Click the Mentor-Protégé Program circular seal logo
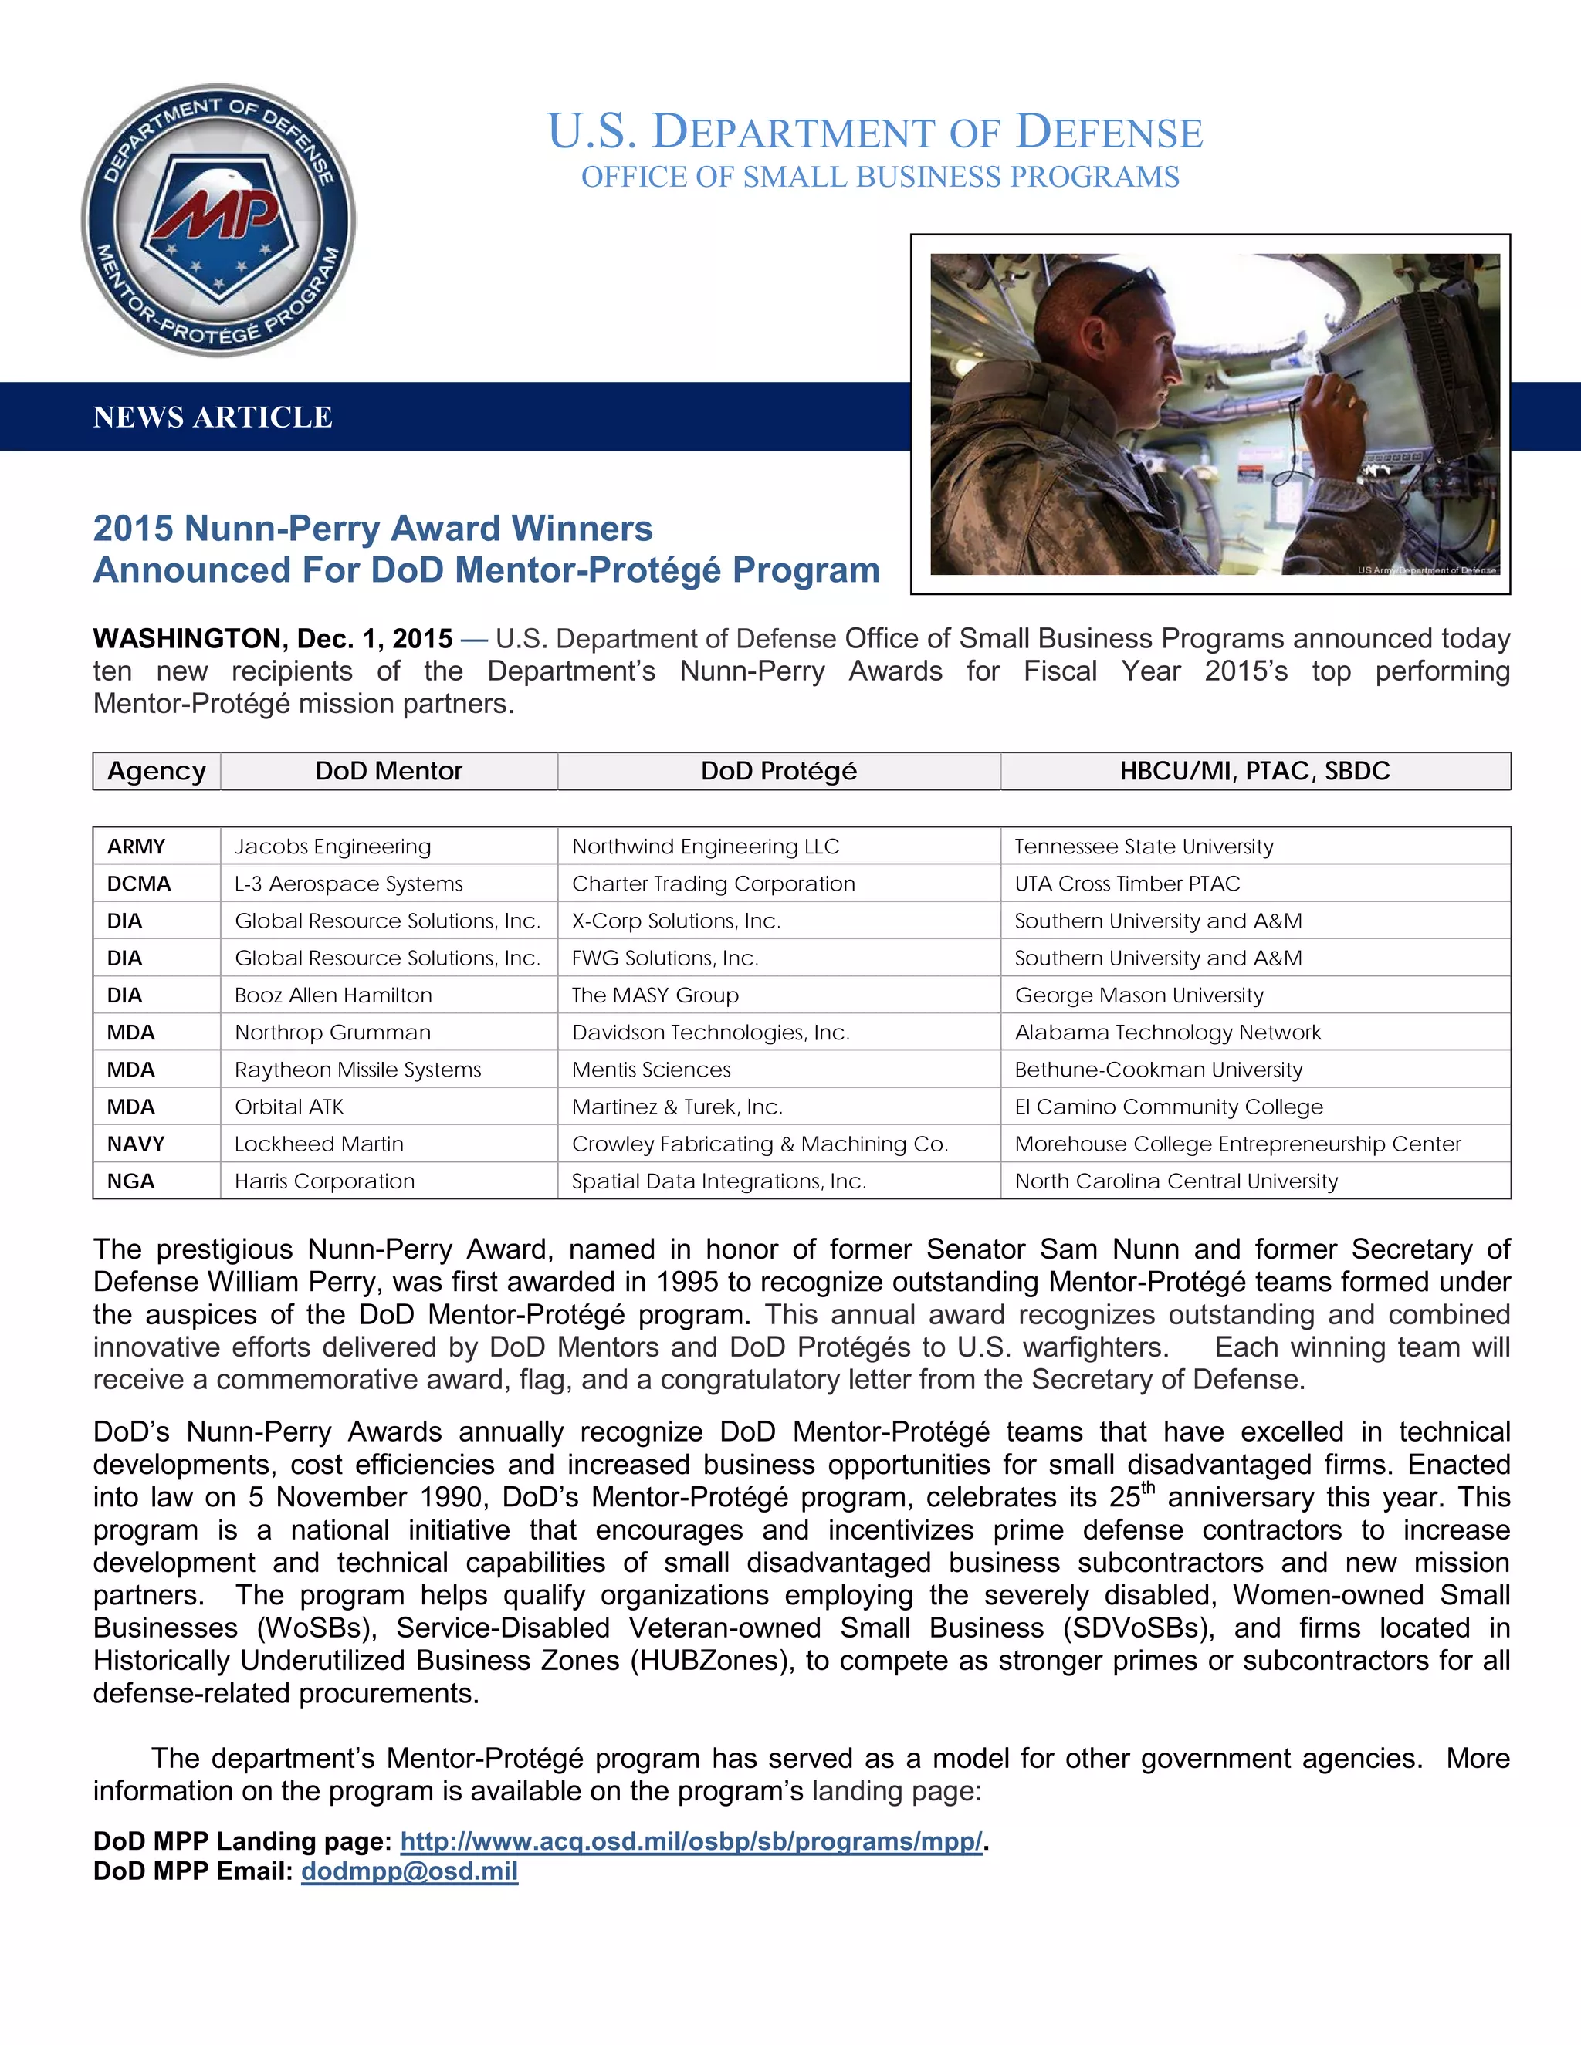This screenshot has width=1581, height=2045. [x=218, y=221]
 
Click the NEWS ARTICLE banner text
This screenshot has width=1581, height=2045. [x=212, y=417]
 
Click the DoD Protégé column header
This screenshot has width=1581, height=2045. [x=778, y=771]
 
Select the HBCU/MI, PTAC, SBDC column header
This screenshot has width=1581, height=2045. [x=1254, y=771]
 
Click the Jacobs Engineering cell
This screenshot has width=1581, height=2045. [x=333, y=847]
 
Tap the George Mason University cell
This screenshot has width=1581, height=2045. [x=1139, y=995]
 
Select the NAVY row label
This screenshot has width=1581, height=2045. [x=136, y=1144]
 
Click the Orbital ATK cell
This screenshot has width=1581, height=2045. [x=289, y=1107]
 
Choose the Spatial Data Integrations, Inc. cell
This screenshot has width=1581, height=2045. [x=719, y=1181]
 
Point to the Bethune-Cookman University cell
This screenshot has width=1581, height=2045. [x=1159, y=1070]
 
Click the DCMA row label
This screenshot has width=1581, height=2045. [x=139, y=884]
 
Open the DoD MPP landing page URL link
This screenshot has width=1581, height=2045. [x=691, y=1841]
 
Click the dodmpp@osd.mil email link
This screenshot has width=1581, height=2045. [x=409, y=1871]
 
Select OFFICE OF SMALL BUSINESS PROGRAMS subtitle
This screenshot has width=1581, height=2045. [x=879, y=177]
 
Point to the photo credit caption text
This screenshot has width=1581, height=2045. [x=1426, y=570]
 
